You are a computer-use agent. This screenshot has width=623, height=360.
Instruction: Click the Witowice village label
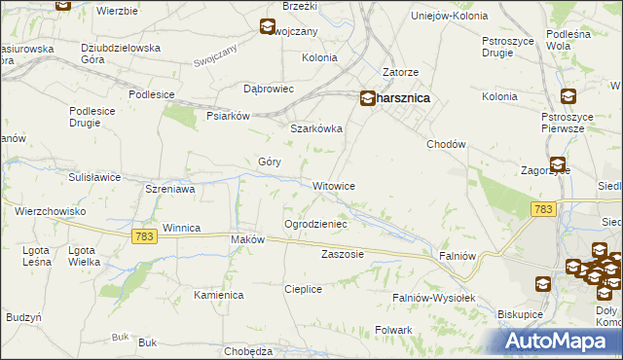coord(333,186)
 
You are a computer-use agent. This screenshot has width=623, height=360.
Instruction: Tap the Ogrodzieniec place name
coord(315,224)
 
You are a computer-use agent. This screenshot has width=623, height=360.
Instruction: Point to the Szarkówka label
coord(316,127)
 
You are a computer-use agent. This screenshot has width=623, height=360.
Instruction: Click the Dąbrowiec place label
coord(269,89)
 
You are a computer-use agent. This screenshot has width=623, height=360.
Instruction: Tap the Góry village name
coord(269,162)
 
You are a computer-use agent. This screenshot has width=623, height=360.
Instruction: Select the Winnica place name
coord(181,228)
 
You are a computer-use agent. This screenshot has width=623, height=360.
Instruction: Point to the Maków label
coord(247,239)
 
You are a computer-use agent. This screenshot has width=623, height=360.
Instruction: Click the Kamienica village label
coord(218,294)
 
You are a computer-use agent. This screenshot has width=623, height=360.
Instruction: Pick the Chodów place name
coord(448,144)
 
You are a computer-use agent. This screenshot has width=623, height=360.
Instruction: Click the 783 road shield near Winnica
coord(144,237)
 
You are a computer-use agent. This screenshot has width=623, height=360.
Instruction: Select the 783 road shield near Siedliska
coord(543,209)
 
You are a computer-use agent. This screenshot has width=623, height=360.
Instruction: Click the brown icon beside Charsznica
coord(368,97)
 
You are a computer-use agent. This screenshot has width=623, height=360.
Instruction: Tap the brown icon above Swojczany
coord(268,28)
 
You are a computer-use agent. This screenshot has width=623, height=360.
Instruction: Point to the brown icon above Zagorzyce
coord(557,165)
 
